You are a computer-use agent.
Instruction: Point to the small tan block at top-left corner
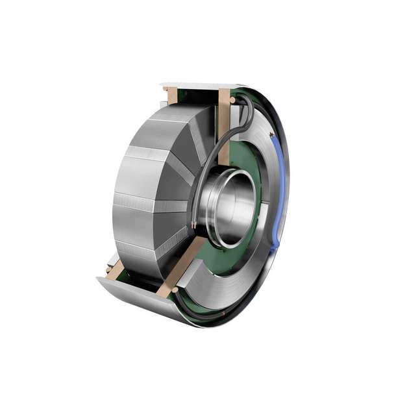[171, 96]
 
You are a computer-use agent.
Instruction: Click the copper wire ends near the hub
[195, 225]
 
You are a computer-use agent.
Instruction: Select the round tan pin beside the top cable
[232, 101]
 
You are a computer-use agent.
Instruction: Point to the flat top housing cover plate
[195, 85]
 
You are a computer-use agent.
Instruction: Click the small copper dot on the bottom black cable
[224, 313]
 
